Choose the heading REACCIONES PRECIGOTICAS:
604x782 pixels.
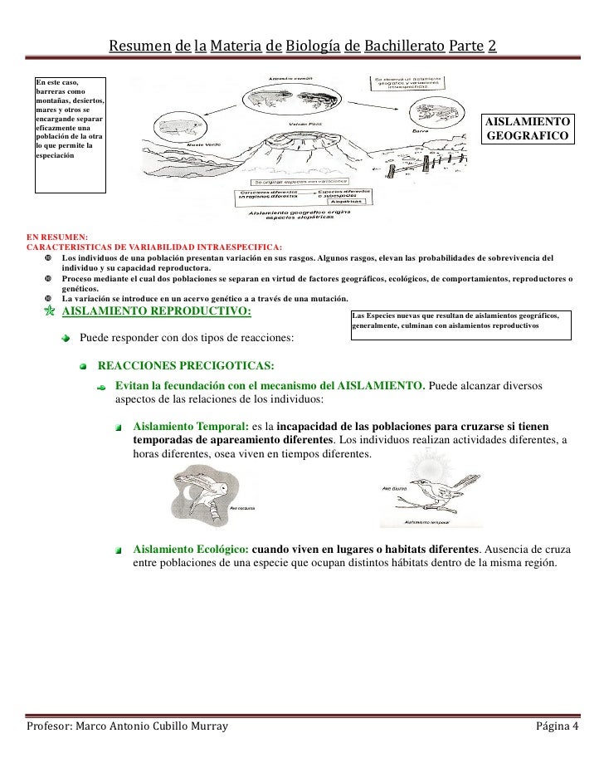click(187, 366)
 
